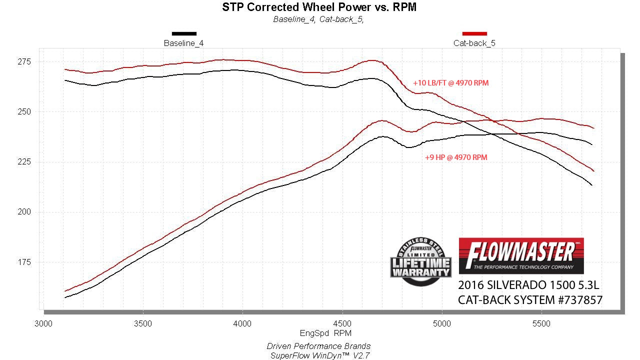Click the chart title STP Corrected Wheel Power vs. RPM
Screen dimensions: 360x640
319,7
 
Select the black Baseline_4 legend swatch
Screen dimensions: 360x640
184,33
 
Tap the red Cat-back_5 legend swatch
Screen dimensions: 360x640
474,33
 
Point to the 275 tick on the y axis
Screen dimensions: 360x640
24,62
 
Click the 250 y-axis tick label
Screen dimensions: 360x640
24,112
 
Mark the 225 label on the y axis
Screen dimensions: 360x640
24,162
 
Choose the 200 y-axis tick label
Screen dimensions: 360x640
24,212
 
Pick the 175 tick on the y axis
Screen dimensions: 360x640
24,262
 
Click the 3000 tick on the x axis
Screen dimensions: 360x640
43,324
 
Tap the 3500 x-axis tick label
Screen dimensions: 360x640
143,324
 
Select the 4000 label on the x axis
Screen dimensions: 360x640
242,324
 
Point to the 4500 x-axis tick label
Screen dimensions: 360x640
342,324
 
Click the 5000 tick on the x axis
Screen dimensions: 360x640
442,324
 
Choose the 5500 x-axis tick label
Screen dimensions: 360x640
541,324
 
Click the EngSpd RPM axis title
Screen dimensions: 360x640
325,333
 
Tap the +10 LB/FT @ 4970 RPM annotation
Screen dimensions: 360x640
450,83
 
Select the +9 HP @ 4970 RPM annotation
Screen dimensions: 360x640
456,157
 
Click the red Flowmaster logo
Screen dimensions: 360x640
521,255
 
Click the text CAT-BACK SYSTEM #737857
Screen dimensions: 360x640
530,300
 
